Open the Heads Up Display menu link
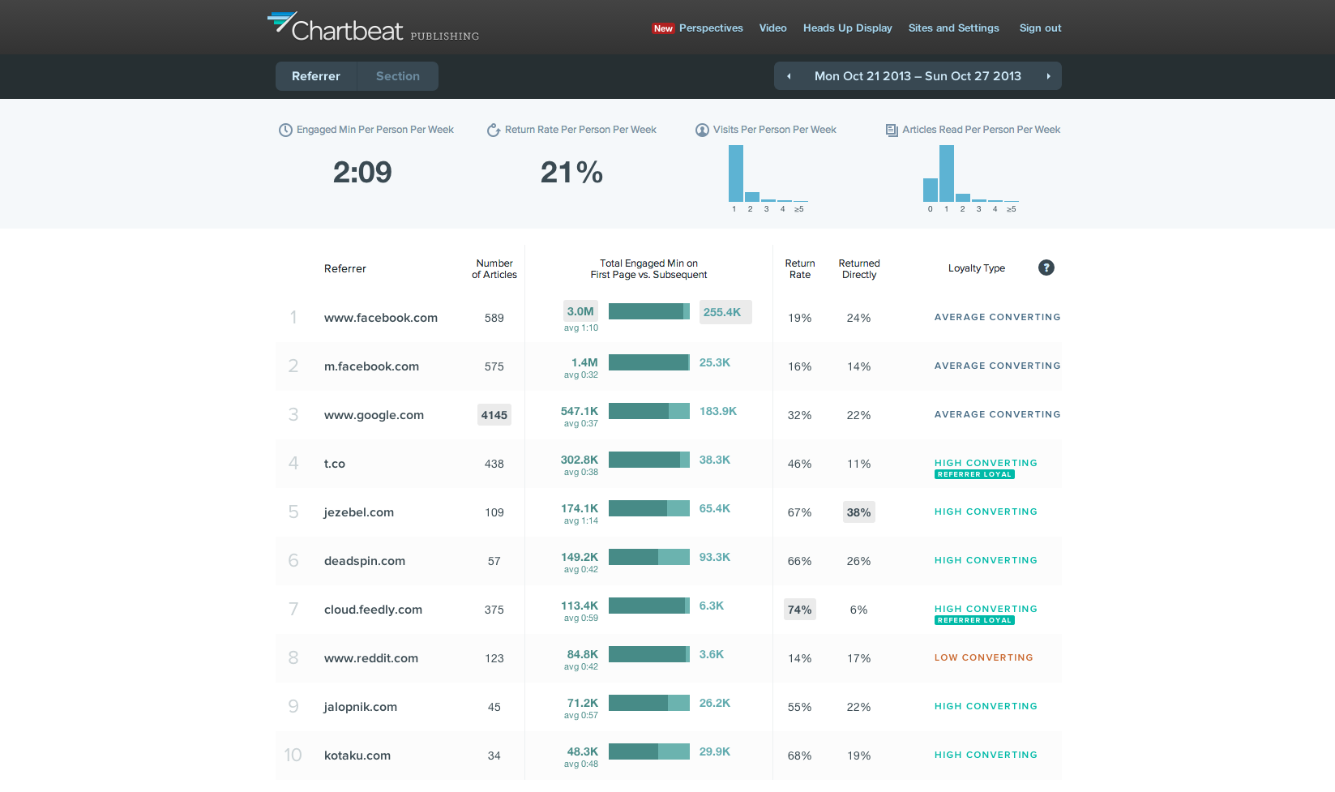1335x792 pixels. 847,28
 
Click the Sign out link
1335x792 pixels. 1040,28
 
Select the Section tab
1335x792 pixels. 397,76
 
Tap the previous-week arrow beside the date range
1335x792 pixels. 789,76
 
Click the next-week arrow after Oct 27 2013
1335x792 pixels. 1048,76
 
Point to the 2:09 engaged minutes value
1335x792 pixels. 362,172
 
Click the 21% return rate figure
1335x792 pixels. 571,172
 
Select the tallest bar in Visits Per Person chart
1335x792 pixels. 735,173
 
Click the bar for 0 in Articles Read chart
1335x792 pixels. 930,190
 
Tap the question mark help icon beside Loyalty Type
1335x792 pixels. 1046,268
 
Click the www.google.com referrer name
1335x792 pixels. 374,415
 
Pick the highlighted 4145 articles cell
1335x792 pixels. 494,415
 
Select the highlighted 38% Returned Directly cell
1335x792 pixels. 858,512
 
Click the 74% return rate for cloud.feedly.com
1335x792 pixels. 799,610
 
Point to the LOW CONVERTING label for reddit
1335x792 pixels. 983,657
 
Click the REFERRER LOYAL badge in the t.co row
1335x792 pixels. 974,474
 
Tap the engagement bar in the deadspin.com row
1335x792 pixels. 648,557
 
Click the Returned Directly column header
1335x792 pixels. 858,269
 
